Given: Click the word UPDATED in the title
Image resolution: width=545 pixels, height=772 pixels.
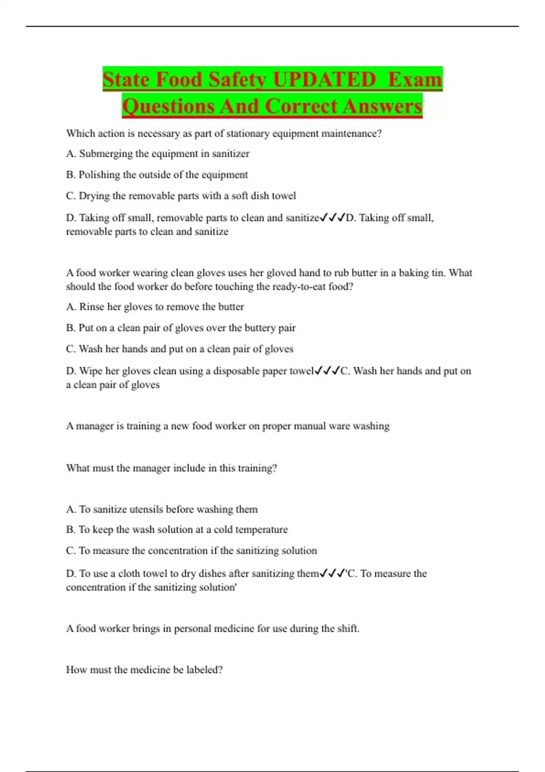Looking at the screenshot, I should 324,79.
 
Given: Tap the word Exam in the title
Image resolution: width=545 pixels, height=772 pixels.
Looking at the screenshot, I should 415,79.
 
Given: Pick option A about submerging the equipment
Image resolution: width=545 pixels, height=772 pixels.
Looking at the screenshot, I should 158,153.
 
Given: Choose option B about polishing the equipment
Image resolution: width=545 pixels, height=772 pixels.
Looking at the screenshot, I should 157,175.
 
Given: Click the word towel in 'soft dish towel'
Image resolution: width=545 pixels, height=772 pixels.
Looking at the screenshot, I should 284,196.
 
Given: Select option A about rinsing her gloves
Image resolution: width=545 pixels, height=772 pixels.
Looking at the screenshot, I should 155,307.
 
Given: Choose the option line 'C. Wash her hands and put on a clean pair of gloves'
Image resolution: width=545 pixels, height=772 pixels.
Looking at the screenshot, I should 179,349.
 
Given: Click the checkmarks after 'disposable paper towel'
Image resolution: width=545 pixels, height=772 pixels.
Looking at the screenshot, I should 327,371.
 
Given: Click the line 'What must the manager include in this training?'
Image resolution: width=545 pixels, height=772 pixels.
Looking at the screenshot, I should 171,468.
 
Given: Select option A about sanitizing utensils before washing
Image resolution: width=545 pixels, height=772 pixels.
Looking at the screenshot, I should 162,510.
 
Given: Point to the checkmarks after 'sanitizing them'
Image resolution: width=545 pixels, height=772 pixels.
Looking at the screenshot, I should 333,574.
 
